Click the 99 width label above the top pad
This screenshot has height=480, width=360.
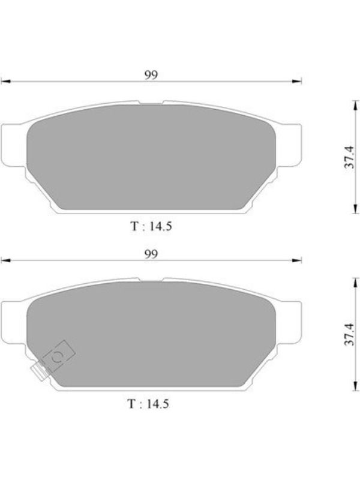(151, 75)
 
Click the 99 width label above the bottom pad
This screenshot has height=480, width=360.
(151, 254)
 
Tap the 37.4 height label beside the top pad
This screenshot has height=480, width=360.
(349, 157)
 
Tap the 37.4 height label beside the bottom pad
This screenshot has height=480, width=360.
(349, 334)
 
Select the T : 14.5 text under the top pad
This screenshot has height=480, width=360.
(151, 226)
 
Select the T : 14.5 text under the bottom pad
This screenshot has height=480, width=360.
(148, 404)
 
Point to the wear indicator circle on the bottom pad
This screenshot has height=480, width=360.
(57, 356)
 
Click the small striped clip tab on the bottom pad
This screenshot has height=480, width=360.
(41, 370)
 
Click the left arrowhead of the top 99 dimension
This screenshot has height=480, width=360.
(6, 82)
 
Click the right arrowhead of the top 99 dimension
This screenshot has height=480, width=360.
(296, 82)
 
